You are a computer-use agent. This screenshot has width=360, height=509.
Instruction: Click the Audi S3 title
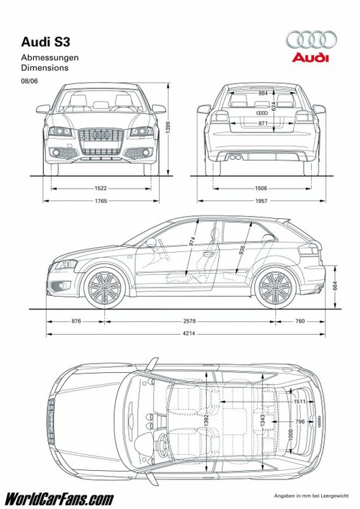tap(45, 42)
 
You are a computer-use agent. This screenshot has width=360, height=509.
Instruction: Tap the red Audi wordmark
tap(310, 58)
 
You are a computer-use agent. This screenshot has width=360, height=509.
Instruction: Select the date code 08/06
tap(30, 81)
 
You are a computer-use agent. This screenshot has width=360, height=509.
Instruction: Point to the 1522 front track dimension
tap(101, 189)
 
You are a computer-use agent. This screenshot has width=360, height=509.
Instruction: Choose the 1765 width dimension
tap(101, 201)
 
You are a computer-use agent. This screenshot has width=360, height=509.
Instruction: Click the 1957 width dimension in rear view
tap(261, 201)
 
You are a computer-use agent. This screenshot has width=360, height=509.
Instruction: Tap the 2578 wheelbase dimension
tap(189, 321)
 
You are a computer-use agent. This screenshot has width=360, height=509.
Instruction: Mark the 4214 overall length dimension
tap(189, 333)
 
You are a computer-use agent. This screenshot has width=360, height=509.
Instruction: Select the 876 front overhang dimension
tap(76, 321)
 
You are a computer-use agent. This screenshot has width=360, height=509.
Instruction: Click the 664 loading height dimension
tap(335, 285)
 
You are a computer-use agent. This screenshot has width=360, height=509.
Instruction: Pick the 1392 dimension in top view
tap(207, 421)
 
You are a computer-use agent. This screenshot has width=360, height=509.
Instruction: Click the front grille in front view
tap(101, 142)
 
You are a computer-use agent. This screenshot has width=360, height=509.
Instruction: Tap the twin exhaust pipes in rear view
tap(235, 158)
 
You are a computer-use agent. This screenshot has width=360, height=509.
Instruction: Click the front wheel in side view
tap(104, 288)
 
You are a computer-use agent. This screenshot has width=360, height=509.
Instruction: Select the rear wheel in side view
tap(276, 288)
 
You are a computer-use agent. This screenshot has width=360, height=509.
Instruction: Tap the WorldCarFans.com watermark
tap(59, 499)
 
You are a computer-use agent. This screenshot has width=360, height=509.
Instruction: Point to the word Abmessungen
tap(50, 58)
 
